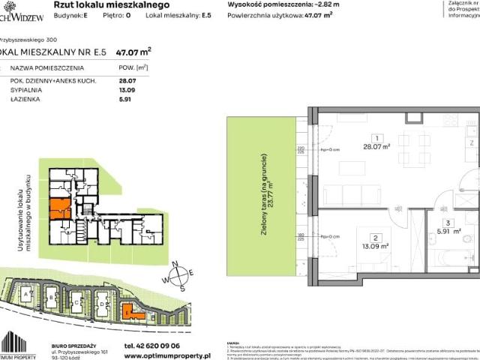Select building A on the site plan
point(28,298)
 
